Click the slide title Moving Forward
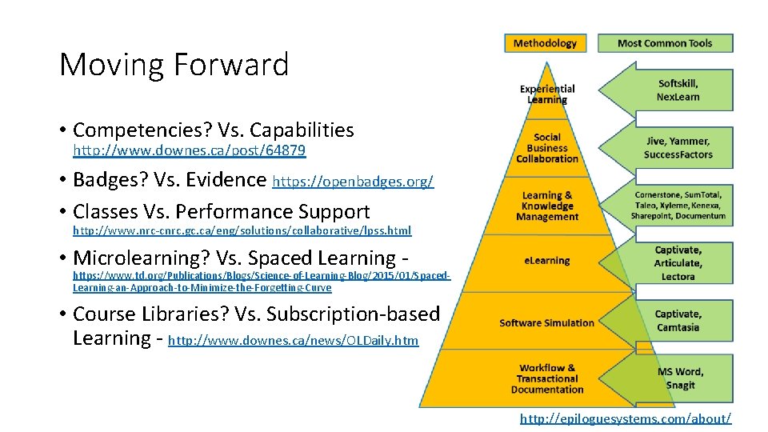[x=174, y=65]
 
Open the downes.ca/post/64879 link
[x=189, y=150]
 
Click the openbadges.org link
[x=353, y=182]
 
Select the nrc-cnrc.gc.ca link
[x=242, y=230]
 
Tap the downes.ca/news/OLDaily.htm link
[x=293, y=341]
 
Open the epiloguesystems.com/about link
[x=625, y=418]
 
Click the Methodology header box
[x=545, y=43]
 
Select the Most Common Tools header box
[x=664, y=43]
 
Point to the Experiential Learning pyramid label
[x=547, y=94]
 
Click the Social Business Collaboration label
[x=547, y=148]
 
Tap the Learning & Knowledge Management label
[x=547, y=206]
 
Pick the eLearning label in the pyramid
[x=547, y=261]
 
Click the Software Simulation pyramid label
[x=547, y=323]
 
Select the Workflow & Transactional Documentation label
[x=547, y=378]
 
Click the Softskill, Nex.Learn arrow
[x=677, y=90]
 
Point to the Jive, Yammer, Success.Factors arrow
[x=677, y=148]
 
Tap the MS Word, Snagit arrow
[x=679, y=378]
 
